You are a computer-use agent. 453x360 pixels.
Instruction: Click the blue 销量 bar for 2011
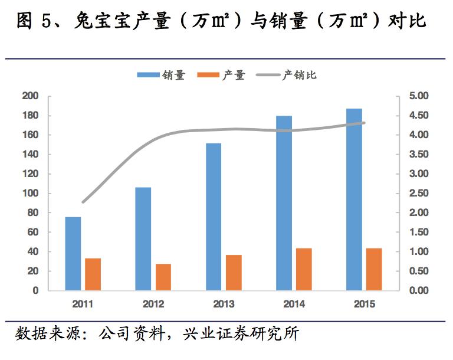pos(73,254)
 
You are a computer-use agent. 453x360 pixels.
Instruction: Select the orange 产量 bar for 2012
pos(163,277)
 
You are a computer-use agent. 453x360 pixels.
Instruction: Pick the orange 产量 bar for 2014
pos(304,269)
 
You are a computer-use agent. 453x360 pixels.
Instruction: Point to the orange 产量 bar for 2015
pos(374,269)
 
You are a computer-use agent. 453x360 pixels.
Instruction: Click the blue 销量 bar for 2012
pos(143,239)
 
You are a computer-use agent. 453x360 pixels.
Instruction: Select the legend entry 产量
pos(234,75)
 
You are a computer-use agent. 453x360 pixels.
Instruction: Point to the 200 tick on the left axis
pos(30,96)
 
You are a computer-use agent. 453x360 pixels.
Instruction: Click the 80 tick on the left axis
pos(32,213)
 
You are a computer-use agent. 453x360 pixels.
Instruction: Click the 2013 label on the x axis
pos(224,305)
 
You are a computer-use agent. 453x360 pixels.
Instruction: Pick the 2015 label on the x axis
pos(364,305)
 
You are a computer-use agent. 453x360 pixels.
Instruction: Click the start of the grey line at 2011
pos(83,202)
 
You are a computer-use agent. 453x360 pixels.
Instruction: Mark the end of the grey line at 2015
pos(364,123)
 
